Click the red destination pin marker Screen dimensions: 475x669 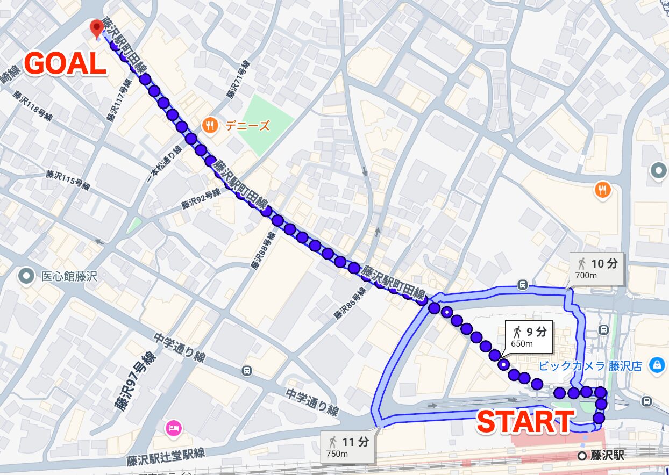[x=97, y=28]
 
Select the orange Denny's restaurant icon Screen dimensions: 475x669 [x=209, y=126]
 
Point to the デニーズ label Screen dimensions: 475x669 [x=247, y=127]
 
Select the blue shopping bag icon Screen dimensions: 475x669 [x=656, y=365]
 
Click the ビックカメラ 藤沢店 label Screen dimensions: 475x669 [x=590, y=366]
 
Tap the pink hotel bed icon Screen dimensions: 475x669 [x=174, y=428]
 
